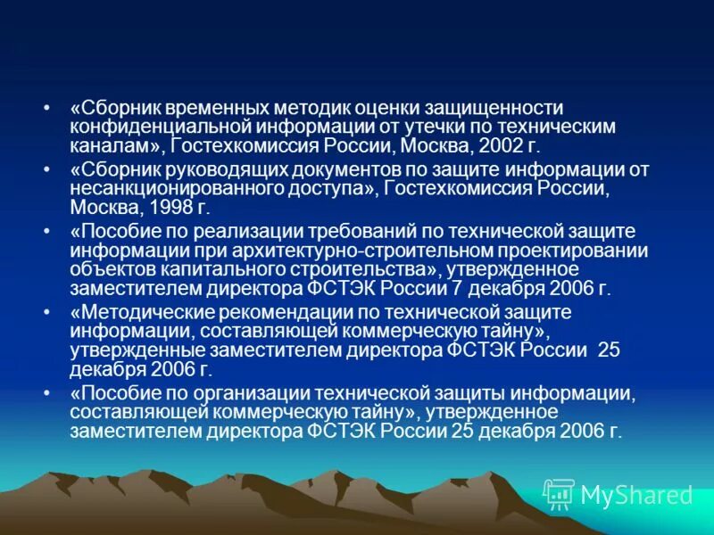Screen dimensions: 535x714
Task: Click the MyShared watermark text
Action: click(x=636, y=494)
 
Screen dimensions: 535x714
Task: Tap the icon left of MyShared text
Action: click(x=559, y=493)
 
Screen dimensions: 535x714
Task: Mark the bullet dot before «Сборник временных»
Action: click(x=46, y=108)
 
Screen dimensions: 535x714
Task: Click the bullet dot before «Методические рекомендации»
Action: click(x=46, y=312)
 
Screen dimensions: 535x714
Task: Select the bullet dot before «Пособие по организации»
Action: click(x=46, y=393)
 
